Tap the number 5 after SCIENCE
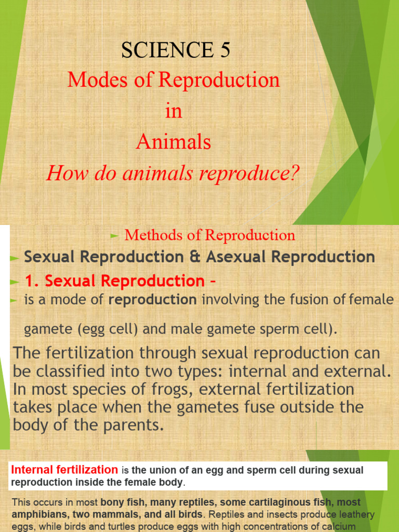tap(223, 50)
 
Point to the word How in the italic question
tap(63, 173)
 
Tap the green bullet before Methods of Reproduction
tap(115, 235)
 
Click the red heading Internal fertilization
tap(64, 470)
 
